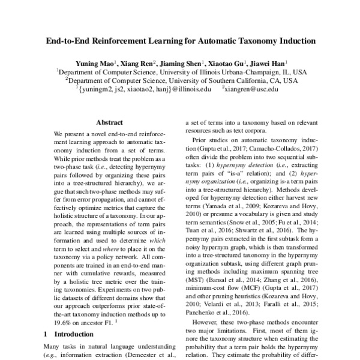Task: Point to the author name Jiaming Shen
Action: tap(184, 62)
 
